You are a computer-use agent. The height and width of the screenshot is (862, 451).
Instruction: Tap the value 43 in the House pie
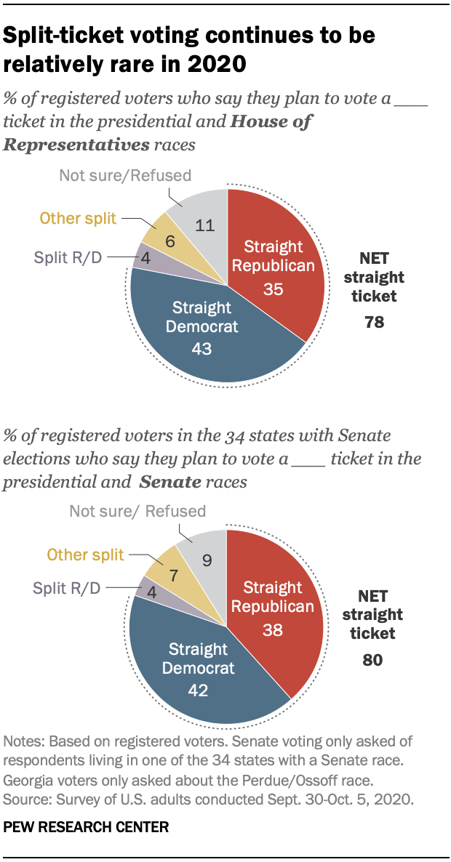click(201, 349)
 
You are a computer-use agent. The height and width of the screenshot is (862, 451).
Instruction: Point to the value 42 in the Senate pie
click(198, 690)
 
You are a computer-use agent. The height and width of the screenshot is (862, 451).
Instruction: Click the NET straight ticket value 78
click(374, 321)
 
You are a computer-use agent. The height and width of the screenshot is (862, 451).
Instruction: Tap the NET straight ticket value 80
click(373, 661)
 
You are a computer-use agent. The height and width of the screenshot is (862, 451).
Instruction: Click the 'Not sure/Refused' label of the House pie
click(125, 175)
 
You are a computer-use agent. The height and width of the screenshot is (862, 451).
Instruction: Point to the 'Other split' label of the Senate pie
click(86, 555)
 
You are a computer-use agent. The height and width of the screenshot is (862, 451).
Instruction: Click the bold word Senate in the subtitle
click(169, 481)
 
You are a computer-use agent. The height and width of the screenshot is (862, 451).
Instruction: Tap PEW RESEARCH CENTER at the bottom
click(86, 826)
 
